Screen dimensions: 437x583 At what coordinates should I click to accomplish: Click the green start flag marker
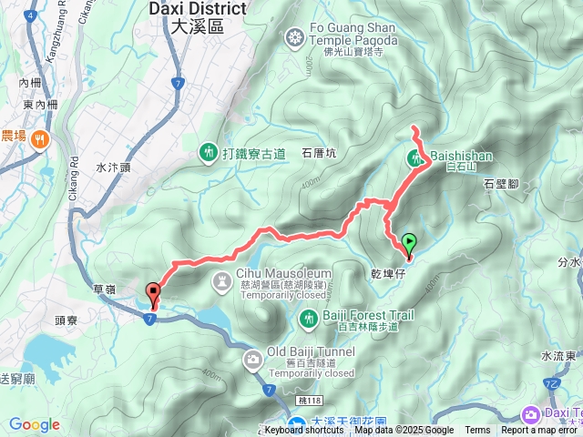coord(409,243)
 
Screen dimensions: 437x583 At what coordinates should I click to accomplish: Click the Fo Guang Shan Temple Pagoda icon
coord(294,37)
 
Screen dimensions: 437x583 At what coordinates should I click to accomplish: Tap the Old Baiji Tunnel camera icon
coord(251,361)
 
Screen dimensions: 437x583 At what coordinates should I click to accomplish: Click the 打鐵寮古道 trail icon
coord(209,151)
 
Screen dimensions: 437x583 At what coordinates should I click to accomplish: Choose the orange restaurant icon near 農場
coord(38,138)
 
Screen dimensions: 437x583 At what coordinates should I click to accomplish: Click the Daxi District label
coord(197,17)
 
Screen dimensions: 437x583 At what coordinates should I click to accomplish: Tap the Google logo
coord(34,424)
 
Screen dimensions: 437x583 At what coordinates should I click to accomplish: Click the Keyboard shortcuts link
coord(304,431)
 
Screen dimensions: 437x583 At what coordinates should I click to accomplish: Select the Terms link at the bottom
coord(477,431)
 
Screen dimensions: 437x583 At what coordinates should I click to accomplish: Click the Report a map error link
coord(541,431)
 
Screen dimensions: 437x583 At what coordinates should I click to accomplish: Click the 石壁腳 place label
coord(501,183)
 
